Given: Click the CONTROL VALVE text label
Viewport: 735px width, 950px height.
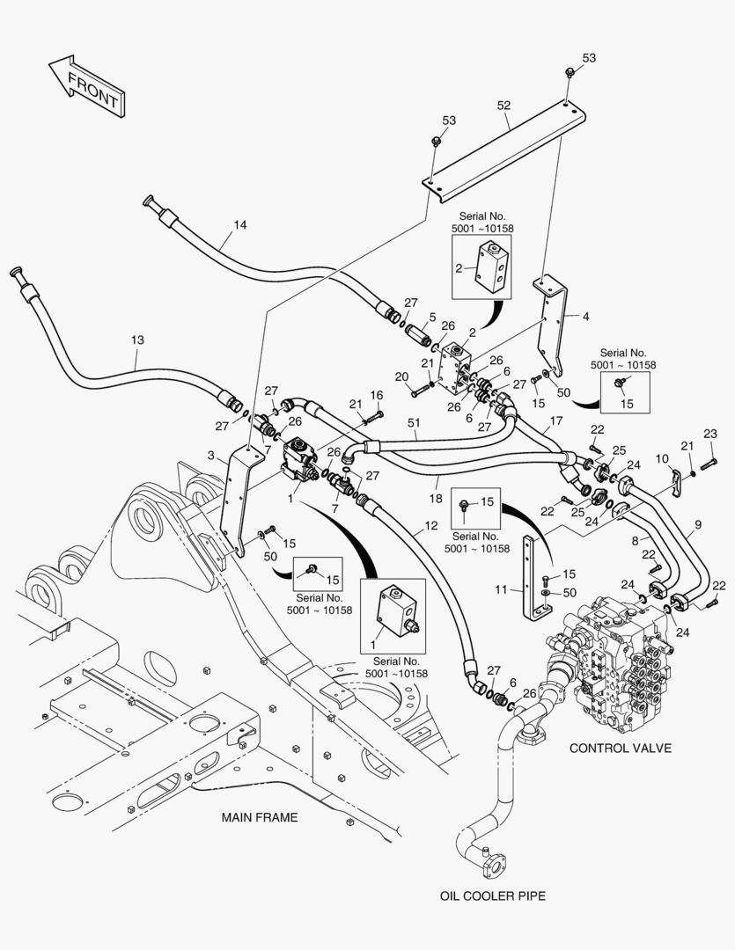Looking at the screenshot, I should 620,749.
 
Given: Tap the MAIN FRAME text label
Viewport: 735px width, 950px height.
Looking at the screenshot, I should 259,817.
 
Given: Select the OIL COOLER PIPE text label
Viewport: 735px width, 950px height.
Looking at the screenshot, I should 493,896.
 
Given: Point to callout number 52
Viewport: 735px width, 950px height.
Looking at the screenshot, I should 503,106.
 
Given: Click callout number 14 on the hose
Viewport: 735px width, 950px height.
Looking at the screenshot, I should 239,225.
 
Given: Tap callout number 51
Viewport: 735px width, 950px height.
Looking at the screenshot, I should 414,423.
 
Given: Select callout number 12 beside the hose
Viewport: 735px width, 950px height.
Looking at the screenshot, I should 430,526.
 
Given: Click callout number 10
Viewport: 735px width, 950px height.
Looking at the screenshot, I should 663,459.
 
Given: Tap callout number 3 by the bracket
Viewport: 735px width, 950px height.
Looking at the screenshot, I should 212,454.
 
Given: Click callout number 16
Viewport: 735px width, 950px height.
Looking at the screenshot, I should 377,395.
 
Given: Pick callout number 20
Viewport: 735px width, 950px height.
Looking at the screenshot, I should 402,377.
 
